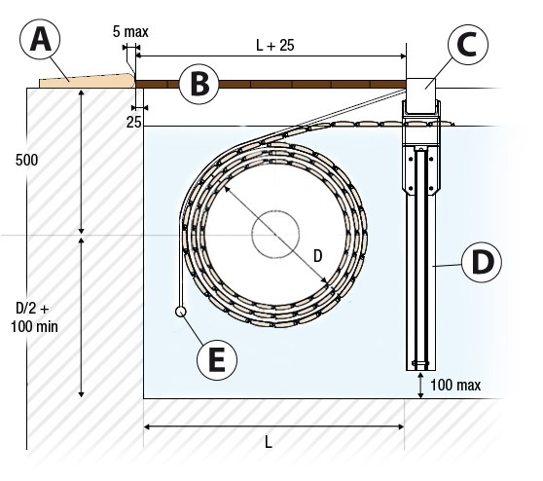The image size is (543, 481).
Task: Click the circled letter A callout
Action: click(x=40, y=40)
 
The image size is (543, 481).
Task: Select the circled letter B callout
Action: click(x=199, y=84)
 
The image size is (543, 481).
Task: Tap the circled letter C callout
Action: click(x=468, y=45)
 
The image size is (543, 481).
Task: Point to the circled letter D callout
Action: click(x=482, y=262)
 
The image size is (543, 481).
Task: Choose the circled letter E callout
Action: click(x=217, y=359)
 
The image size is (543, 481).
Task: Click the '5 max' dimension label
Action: click(x=130, y=32)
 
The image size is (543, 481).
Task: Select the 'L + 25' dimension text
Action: click(x=275, y=45)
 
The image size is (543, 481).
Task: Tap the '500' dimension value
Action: click(x=26, y=160)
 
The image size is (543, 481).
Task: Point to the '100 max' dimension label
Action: click(x=455, y=385)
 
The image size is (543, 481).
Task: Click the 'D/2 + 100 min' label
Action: click(x=34, y=317)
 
